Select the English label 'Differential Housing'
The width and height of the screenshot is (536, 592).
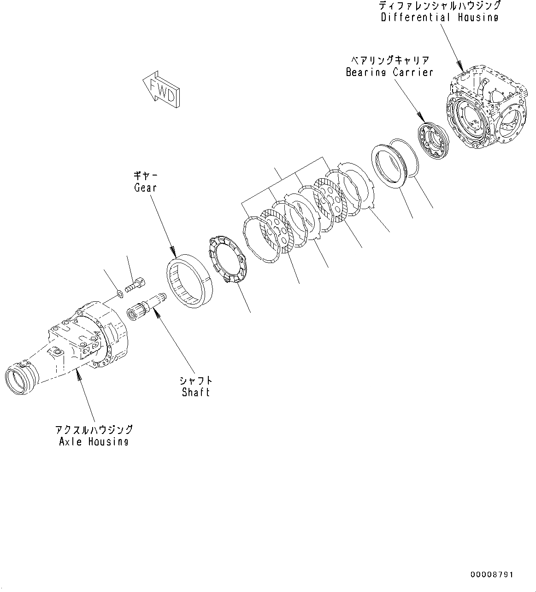(439, 18)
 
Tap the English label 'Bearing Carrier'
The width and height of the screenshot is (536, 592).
(389, 72)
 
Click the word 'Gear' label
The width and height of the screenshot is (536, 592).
(145, 188)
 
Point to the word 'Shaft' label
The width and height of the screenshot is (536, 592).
(196, 393)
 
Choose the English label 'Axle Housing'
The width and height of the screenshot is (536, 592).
(94, 441)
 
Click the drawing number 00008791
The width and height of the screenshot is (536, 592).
(492, 574)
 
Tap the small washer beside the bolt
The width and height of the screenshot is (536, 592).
(119, 293)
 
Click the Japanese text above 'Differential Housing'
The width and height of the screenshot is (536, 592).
(439, 6)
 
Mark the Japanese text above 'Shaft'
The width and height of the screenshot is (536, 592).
(196, 381)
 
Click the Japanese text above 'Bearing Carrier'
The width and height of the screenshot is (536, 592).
(389, 60)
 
